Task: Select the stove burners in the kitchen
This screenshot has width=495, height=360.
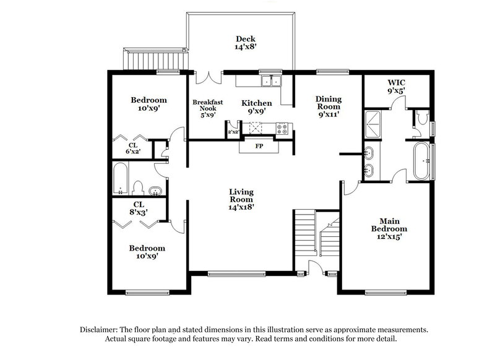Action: (282, 129)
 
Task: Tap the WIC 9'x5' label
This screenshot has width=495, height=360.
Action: (396, 87)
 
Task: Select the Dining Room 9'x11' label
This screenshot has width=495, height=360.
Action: (328, 106)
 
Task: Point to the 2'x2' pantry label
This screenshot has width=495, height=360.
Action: (233, 132)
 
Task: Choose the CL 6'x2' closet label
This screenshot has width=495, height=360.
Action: (132, 148)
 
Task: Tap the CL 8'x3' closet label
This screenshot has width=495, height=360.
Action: (139, 208)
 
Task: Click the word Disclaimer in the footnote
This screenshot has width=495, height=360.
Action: (102, 330)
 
